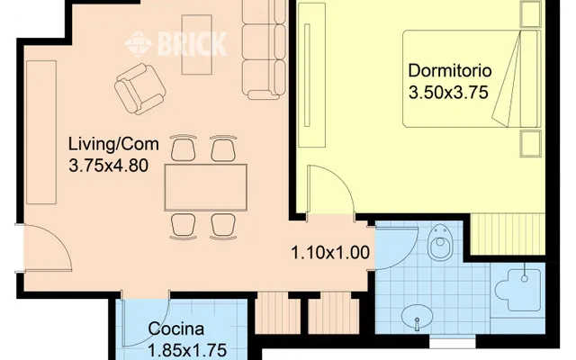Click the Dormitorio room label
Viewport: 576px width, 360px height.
[450, 70]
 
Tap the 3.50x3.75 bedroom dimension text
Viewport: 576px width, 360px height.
[448, 92]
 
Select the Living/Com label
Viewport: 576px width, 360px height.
[113, 144]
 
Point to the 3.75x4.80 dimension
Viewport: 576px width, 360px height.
[109, 166]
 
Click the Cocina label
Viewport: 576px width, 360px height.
[176, 328]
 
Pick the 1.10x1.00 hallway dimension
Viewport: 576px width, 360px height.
[330, 253]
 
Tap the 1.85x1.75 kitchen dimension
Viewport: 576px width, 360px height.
[187, 350]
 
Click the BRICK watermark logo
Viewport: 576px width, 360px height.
[175, 44]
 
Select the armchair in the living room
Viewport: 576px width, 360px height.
[140, 88]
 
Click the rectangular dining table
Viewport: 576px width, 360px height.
[206, 187]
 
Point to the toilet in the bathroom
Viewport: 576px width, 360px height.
[440, 243]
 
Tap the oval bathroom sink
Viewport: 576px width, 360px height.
[417, 316]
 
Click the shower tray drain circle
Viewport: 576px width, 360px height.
[525, 279]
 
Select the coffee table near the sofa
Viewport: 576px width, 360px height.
[197, 44]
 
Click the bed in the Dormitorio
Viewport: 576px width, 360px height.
[472, 79]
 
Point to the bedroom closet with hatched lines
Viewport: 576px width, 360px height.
[508, 234]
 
